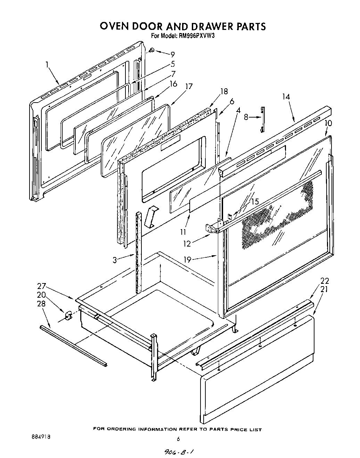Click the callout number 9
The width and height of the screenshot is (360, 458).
coord(172,54)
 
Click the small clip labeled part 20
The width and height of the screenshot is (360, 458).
coord(68,315)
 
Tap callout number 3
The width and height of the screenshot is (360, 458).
coord(115,260)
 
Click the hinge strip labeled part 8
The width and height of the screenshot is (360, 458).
coord(263,119)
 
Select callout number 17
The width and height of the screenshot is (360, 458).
coord(189,86)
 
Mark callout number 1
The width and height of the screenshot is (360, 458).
coord(46,64)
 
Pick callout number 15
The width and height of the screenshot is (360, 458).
coord(255,201)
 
